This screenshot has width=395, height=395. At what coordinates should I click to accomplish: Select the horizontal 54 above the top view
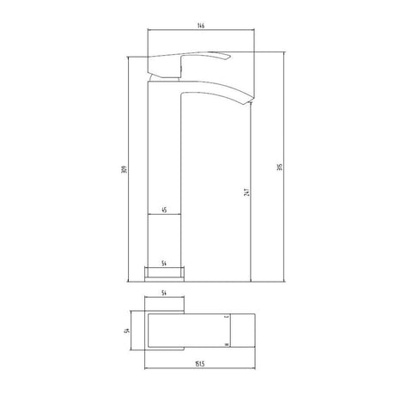point(166,295)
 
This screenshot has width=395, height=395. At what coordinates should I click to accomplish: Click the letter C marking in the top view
point(227,318)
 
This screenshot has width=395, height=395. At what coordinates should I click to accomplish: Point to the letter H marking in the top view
point(227,343)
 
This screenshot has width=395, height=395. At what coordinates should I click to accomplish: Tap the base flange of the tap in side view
point(166,273)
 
